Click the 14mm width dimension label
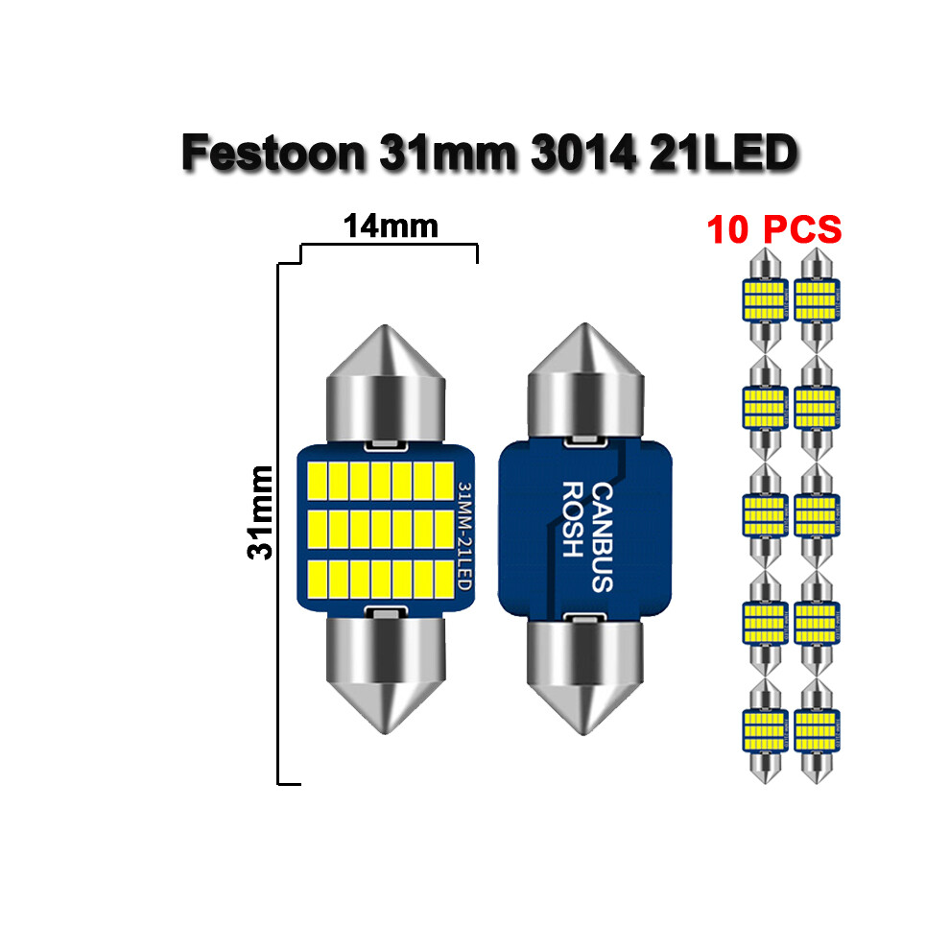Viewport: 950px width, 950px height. click(391, 226)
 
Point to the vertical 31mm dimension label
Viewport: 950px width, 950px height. click(260, 511)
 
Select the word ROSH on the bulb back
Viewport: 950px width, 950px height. click(570, 519)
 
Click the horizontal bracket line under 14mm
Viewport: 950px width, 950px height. click(389, 245)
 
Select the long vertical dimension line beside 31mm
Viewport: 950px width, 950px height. click(278, 523)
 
